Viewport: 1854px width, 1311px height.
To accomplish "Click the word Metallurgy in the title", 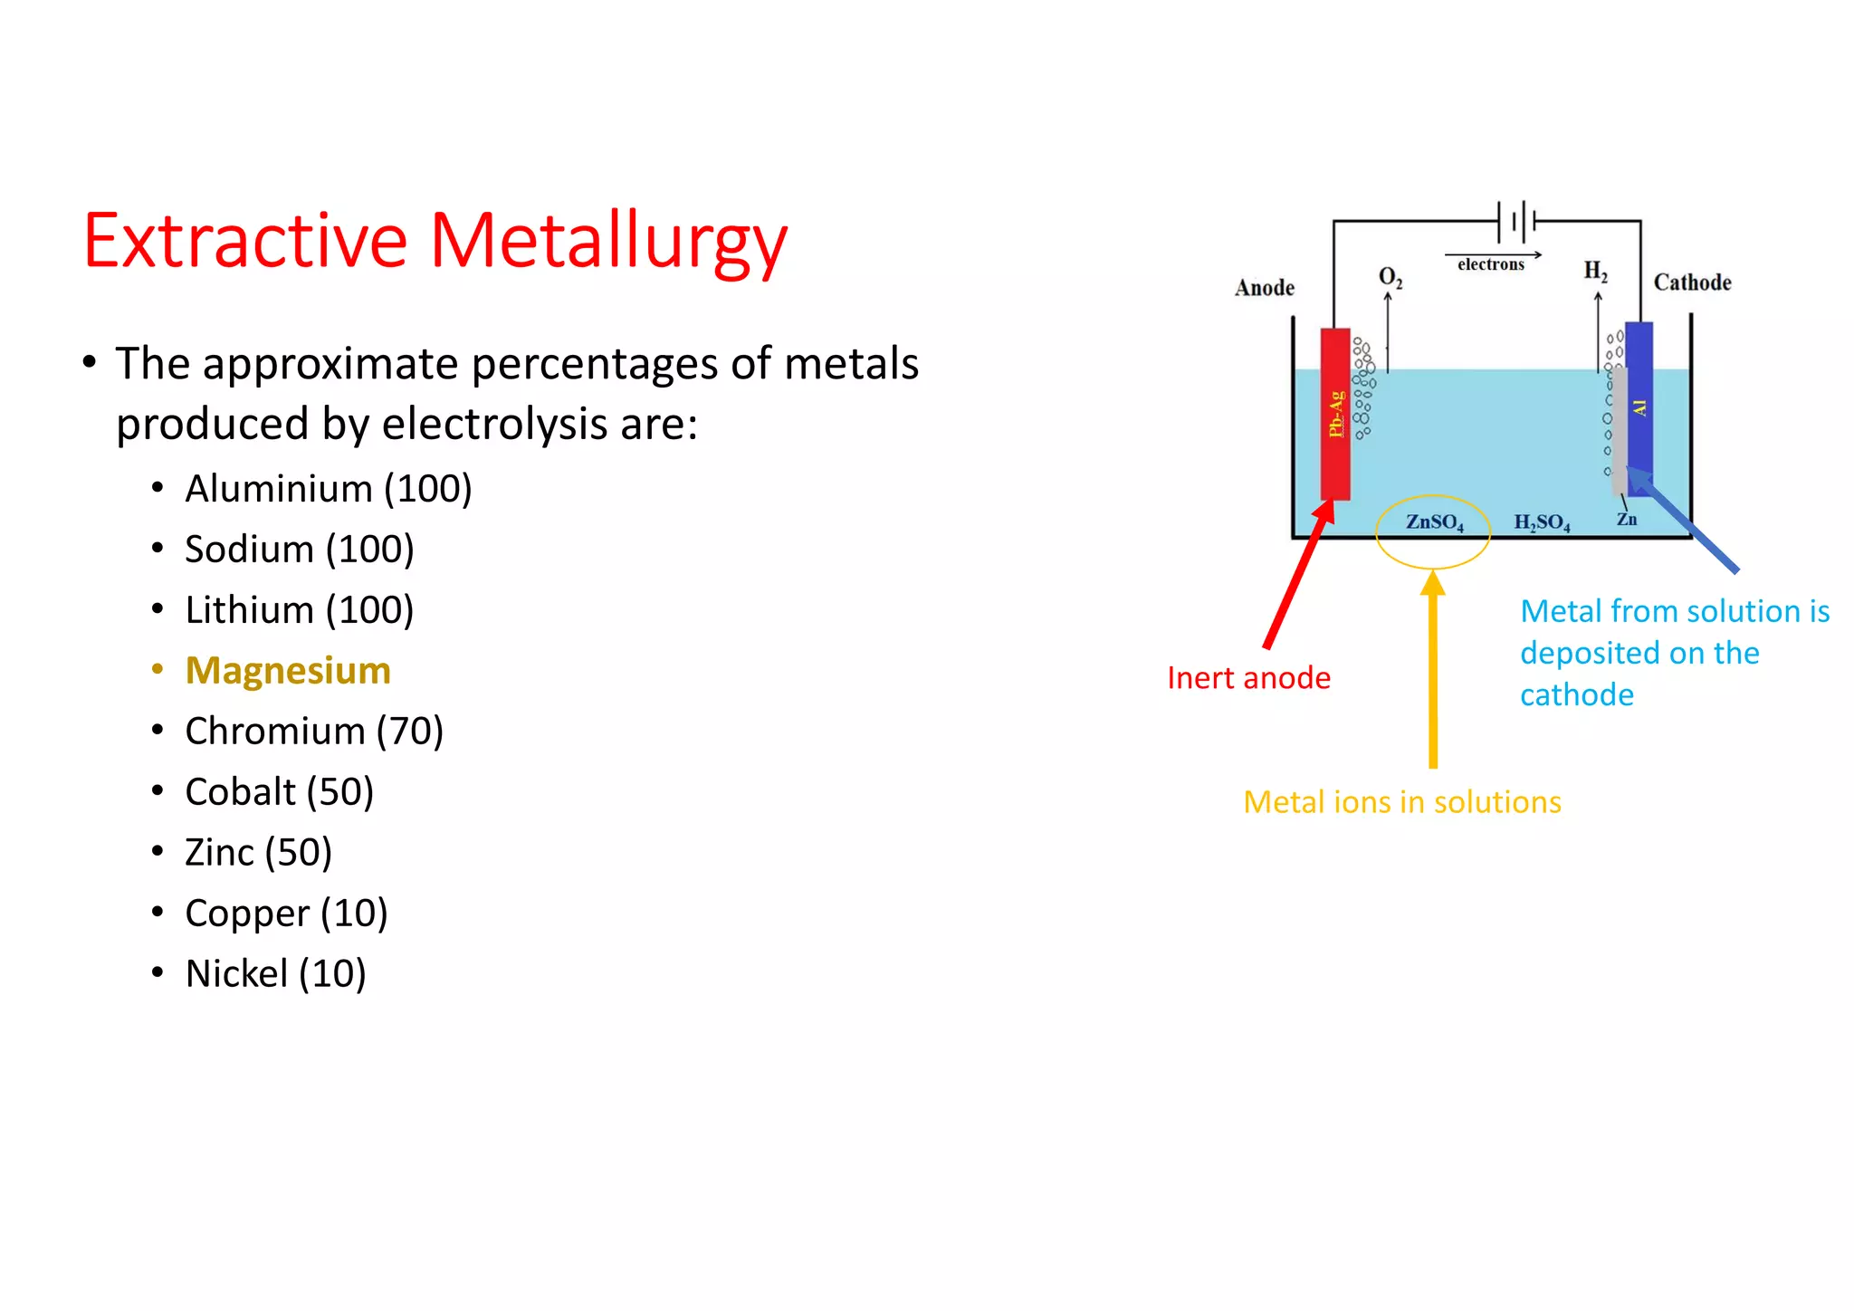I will (x=607, y=242).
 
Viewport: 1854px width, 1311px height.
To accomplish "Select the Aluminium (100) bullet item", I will (x=328, y=489).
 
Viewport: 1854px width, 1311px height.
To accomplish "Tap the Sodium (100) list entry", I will (x=299, y=550).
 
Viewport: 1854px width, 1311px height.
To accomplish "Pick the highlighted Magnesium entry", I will (x=288, y=671).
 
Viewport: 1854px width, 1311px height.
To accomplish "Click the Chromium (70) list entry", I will (x=313, y=732).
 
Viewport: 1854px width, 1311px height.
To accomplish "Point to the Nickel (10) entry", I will (x=275, y=974).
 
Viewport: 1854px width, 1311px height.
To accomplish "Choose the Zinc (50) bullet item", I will (x=258, y=853).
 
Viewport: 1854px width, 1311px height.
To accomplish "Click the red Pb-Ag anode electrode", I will (x=1335, y=414).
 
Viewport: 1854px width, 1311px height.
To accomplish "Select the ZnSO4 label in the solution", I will (x=1434, y=522).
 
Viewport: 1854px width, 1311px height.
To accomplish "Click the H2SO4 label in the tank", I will (x=1542, y=522).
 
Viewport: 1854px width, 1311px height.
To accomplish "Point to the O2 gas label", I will (x=1390, y=277).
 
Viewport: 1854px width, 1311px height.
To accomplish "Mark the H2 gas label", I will (x=1595, y=271).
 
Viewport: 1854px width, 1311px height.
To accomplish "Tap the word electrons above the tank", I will (x=1490, y=264).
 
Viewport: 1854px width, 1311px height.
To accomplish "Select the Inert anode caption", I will (x=1248, y=678).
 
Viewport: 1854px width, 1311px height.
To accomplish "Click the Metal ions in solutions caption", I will (x=1401, y=802).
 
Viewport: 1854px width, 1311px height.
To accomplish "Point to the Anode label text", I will (x=1265, y=288).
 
